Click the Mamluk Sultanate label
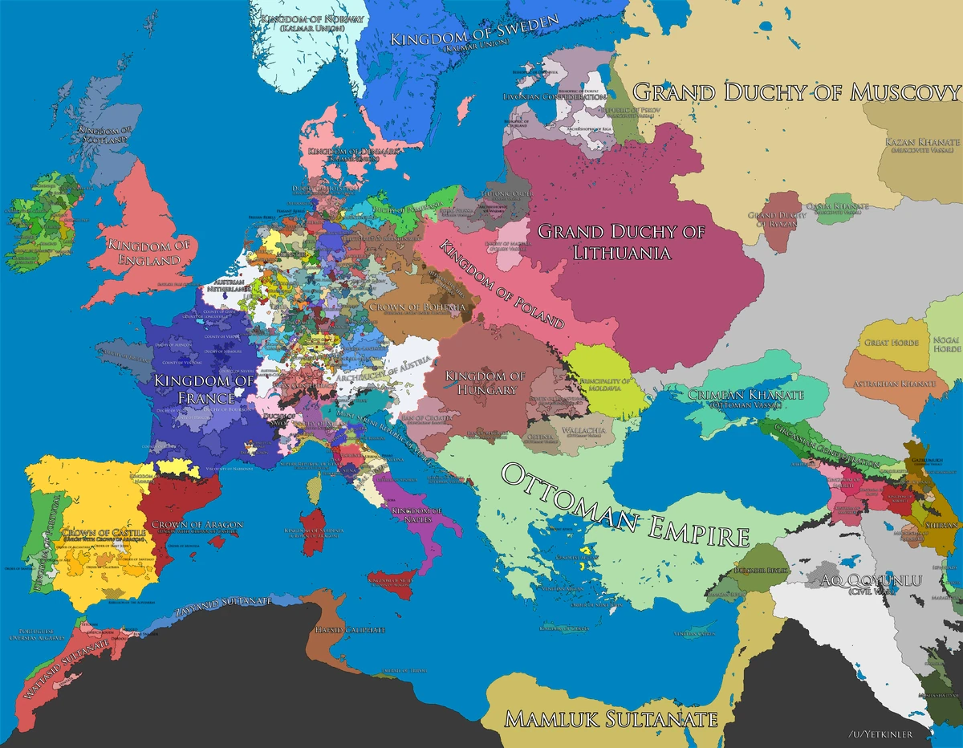(610, 718)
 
